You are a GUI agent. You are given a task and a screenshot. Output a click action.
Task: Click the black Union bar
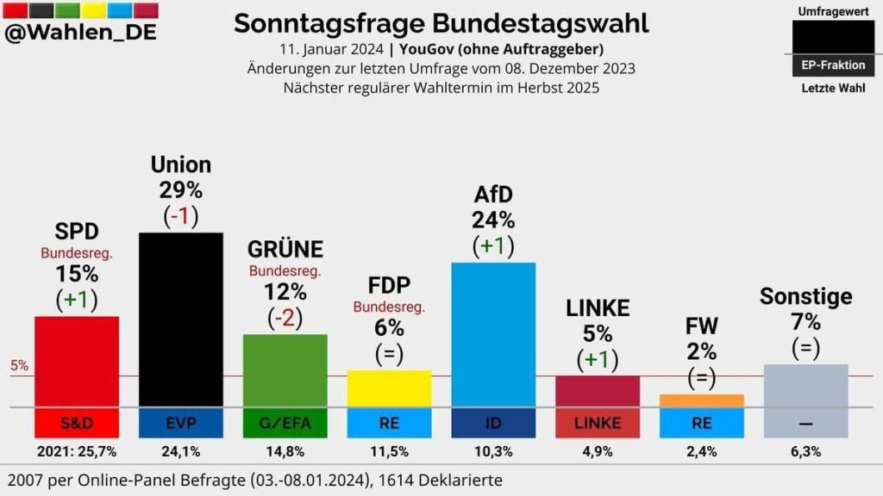click(x=181, y=319)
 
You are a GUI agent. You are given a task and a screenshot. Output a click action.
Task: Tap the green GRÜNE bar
click(x=285, y=370)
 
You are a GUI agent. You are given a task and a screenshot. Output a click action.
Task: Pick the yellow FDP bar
click(x=389, y=388)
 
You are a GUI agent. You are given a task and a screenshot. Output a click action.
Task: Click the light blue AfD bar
click(x=493, y=334)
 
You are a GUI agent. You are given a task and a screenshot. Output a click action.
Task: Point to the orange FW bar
click(x=701, y=400)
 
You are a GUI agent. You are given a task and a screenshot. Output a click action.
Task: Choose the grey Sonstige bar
click(x=805, y=385)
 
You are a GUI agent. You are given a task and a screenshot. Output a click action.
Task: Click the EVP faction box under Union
click(x=181, y=423)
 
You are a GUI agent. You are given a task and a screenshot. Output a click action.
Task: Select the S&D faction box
click(x=77, y=423)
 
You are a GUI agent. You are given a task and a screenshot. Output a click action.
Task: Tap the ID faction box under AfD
click(x=493, y=423)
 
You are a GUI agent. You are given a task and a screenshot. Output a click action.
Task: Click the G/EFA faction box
click(x=285, y=423)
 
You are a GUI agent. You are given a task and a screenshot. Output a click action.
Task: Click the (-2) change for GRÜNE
click(x=285, y=318)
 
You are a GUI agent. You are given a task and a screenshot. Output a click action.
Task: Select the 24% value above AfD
click(x=493, y=220)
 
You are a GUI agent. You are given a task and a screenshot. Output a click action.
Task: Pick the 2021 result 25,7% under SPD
click(x=77, y=451)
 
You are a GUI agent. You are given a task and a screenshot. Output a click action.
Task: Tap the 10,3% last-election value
click(x=493, y=451)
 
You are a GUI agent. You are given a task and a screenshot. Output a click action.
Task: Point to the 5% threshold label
click(x=19, y=365)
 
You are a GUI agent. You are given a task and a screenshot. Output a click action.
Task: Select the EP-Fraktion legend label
click(x=833, y=65)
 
